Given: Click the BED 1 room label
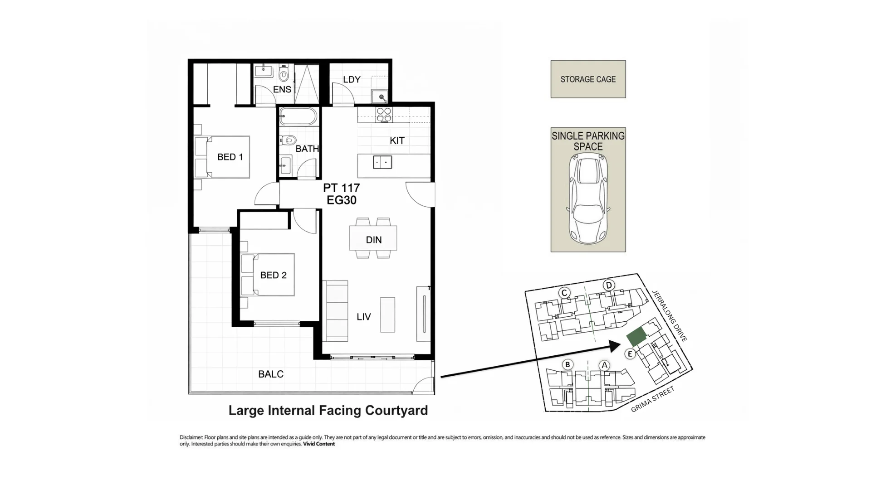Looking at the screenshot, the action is click(x=230, y=157).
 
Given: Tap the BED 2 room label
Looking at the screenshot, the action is click(x=273, y=275).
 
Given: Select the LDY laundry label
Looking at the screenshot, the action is click(x=352, y=80).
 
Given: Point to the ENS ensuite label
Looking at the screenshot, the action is click(x=282, y=89).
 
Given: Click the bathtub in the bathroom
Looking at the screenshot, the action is click(x=298, y=116).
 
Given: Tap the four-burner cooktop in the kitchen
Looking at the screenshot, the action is click(x=384, y=115).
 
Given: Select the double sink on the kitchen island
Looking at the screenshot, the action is click(x=382, y=162).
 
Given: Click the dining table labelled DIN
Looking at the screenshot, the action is click(x=373, y=238).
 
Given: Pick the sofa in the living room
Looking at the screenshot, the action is click(x=336, y=311).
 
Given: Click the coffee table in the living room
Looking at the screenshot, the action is click(x=387, y=315).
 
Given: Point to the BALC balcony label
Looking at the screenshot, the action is click(x=271, y=374).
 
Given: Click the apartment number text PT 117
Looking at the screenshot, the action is click(x=341, y=188).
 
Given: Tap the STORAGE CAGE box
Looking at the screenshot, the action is click(x=588, y=79).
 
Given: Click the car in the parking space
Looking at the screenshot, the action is click(x=588, y=199).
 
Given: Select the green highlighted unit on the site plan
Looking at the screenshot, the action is click(x=636, y=337).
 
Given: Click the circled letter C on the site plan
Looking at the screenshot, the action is click(x=564, y=293).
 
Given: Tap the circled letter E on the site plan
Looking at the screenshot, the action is click(x=630, y=354).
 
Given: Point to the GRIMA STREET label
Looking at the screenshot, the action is click(x=653, y=399).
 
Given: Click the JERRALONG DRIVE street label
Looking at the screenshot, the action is click(x=670, y=315).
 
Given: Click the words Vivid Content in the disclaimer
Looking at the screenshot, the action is click(x=319, y=444).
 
